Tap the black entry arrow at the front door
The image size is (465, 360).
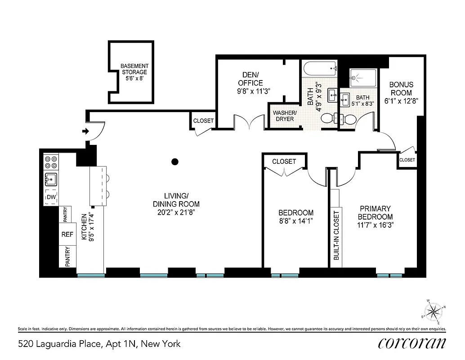click(x=85, y=132)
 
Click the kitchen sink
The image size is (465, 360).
click(x=51, y=180)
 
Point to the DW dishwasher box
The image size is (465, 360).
click(x=51, y=197)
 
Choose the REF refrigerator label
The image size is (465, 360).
click(x=67, y=234)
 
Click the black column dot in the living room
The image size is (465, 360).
click(x=175, y=162)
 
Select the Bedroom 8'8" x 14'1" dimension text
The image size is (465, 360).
click(x=295, y=220)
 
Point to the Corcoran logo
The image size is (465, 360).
click(x=412, y=343)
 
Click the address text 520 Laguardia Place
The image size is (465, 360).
click(x=99, y=344)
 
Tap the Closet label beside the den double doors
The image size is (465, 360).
click(x=203, y=121)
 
